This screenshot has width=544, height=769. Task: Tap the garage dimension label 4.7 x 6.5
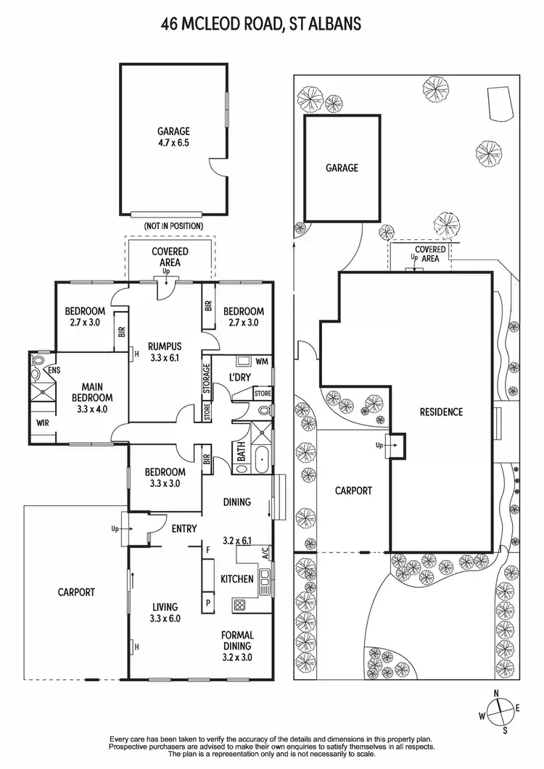click(173, 144)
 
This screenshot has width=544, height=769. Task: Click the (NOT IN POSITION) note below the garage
click(173, 226)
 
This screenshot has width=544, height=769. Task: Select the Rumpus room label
click(163, 346)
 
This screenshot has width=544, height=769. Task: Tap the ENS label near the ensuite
click(54, 370)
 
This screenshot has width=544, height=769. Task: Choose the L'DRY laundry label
click(240, 378)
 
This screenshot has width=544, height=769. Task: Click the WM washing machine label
click(262, 361)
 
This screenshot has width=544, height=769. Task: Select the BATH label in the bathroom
click(241, 457)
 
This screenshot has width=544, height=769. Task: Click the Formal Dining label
click(236, 641)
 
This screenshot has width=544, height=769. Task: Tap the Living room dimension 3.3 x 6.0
click(165, 619)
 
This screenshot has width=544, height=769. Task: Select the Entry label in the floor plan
click(184, 529)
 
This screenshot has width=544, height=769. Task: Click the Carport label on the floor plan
click(76, 592)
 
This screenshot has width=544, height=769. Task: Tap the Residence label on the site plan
click(441, 412)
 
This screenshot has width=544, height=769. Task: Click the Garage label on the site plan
click(342, 168)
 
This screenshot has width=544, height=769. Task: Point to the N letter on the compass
click(496, 693)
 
